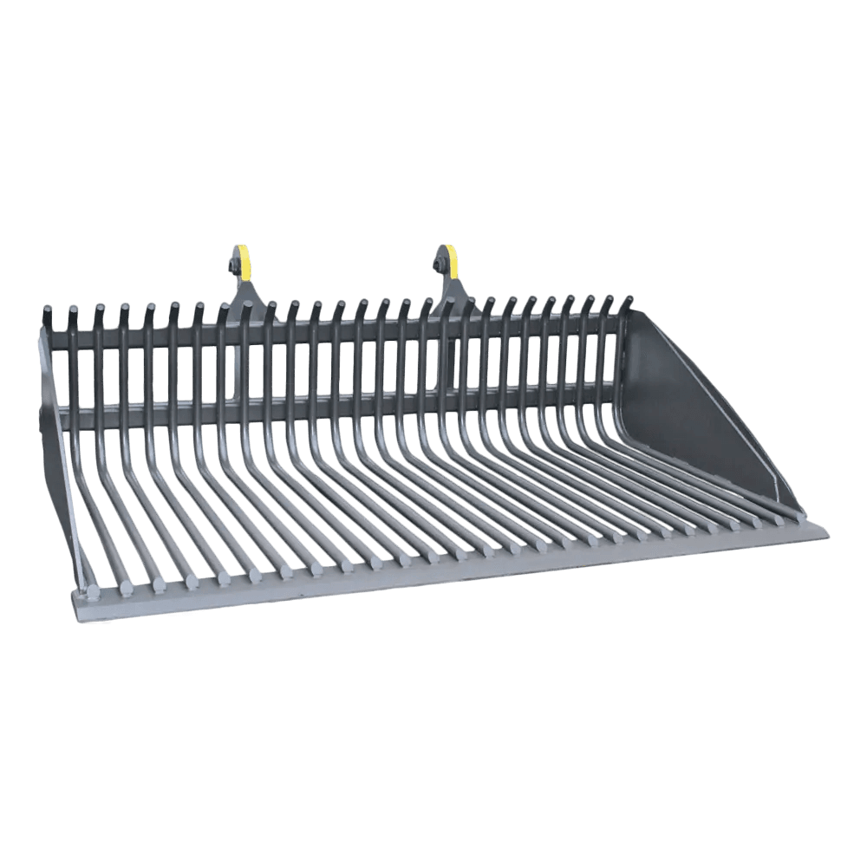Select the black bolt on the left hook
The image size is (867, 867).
tap(233, 263)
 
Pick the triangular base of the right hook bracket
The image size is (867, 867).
tap(451, 295)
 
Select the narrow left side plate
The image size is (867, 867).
tap(54, 433)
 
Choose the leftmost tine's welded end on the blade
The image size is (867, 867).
tap(90, 593)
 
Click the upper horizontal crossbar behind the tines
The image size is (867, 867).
tap(347, 334)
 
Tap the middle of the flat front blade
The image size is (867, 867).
tap(451, 568)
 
